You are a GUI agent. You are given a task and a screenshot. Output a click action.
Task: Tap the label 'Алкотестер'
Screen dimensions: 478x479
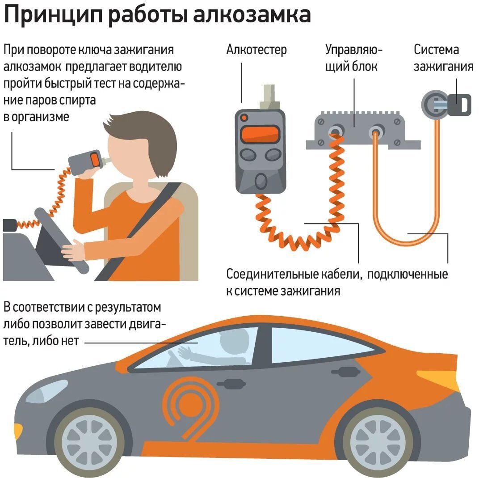point(256,50)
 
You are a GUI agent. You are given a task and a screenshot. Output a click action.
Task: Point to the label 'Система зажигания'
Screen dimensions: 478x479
point(443,58)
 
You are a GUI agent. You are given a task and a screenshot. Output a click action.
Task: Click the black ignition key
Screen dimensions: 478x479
point(459,104)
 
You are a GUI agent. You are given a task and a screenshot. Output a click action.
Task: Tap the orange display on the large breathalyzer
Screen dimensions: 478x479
point(259,133)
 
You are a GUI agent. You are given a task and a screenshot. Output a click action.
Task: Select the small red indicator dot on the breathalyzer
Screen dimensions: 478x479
point(244,118)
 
